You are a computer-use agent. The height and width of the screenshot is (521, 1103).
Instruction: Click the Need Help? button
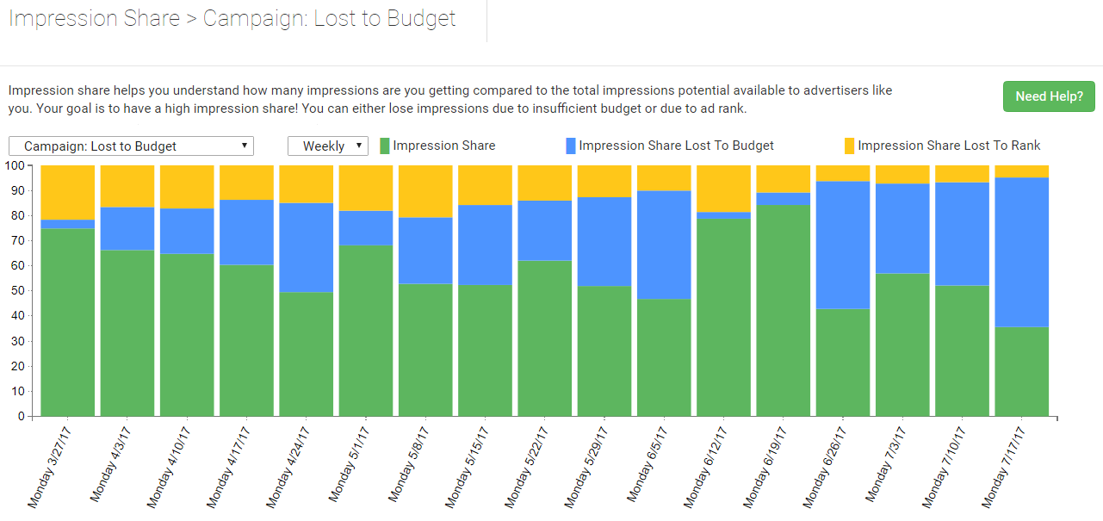[1048, 96]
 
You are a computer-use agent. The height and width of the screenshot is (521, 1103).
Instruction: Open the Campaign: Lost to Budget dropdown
[131, 146]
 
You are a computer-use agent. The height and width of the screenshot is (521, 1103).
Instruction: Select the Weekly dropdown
[328, 146]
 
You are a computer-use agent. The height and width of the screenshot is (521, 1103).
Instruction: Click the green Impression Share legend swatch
[385, 146]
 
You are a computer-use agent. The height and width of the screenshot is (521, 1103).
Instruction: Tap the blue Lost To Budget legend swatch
[571, 146]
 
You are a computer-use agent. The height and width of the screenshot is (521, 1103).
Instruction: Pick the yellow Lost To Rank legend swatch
[849, 146]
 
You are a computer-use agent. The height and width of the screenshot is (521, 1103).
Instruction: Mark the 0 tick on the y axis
[22, 417]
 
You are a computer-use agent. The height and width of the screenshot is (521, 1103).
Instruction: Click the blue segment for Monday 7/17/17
[1022, 251]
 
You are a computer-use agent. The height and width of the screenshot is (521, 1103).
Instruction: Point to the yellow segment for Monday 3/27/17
[67, 192]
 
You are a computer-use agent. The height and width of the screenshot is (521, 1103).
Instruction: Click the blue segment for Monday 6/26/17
[843, 245]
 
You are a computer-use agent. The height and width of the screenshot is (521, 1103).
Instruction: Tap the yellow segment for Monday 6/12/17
[724, 188]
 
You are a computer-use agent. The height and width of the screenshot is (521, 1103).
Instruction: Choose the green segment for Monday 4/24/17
[306, 354]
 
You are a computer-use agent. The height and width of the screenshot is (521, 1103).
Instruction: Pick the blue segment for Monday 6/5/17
[664, 245]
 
